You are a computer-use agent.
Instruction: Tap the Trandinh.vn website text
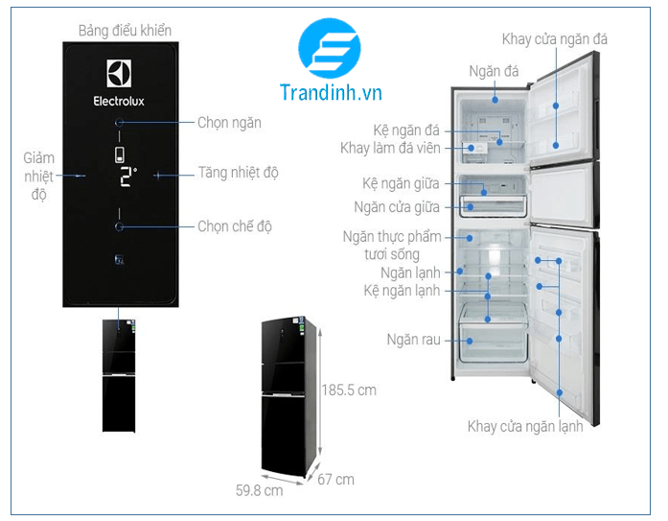tap(332, 92)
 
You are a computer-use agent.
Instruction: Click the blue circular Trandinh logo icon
tap(330, 47)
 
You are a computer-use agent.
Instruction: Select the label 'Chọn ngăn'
tap(229, 123)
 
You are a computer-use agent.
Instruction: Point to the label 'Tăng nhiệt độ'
tap(238, 173)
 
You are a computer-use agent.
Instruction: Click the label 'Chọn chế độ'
tap(235, 226)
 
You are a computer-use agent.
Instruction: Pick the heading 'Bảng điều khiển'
tap(120, 30)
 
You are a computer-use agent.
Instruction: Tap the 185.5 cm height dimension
tap(349, 391)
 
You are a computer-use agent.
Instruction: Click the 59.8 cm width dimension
tap(259, 490)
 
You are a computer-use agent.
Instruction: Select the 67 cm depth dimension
tap(336, 479)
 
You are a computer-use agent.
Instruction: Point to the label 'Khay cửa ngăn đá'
tap(554, 39)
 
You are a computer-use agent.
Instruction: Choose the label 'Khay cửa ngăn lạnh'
tap(525, 426)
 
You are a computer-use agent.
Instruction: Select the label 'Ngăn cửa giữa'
tap(396, 205)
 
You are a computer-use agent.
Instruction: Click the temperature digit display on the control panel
tap(127, 176)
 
